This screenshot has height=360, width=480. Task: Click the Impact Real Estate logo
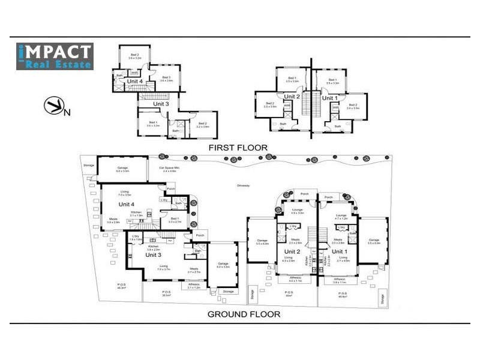[x=55, y=56]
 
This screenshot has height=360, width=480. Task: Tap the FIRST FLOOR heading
[x=238, y=146]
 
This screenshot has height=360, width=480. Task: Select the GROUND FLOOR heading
[x=244, y=314]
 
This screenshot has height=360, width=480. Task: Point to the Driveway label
[x=244, y=185]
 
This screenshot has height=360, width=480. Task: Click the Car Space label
[x=167, y=169]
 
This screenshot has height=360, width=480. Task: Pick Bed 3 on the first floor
[x=166, y=79]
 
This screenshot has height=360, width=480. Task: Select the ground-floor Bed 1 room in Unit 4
[x=175, y=220]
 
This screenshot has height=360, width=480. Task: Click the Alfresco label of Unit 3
[x=194, y=286]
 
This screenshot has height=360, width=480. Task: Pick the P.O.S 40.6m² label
[x=344, y=295]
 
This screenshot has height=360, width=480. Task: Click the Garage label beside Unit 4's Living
[x=122, y=169]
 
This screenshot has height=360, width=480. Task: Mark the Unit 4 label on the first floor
[x=134, y=81]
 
